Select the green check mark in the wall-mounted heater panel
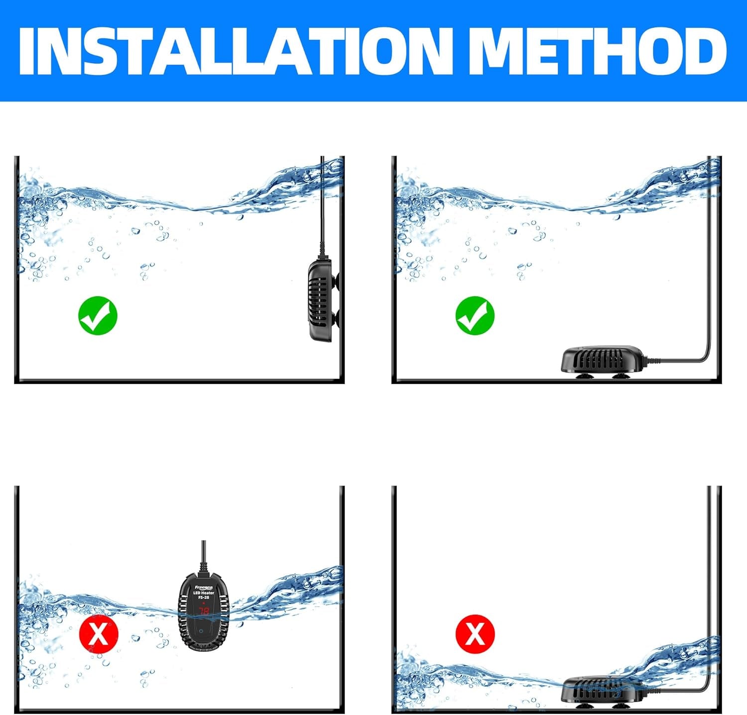[98, 315]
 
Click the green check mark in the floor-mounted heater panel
[475, 315]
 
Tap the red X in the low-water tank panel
[475, 633]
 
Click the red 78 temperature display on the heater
[204, 611]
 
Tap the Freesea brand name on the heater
[204, 587]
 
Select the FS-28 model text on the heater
[204, 598]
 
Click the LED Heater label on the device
[204, 593]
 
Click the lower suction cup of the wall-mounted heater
[337, 318]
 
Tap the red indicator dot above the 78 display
[204, 603]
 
